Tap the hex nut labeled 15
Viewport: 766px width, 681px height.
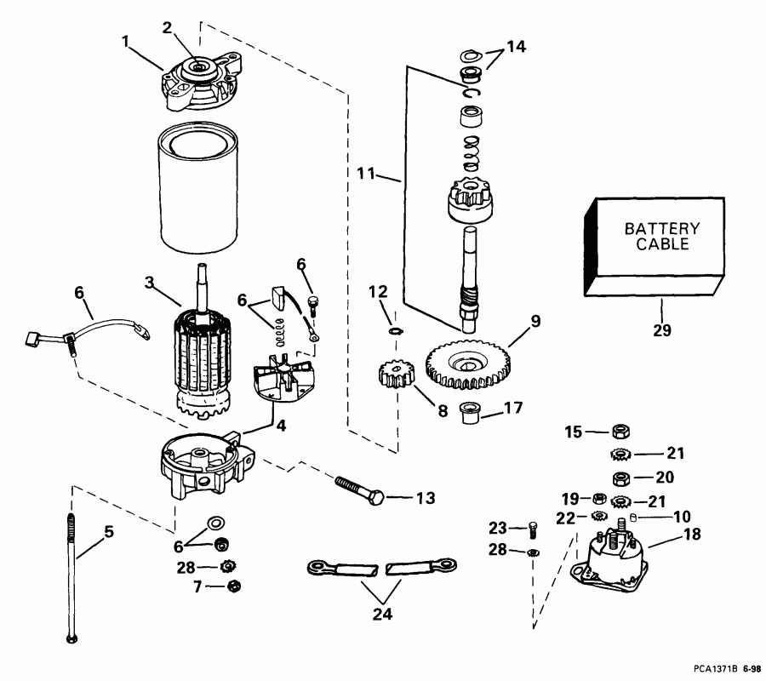point(620,432)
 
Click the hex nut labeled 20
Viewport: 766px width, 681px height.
point(620,476)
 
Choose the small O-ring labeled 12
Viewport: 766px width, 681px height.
point(393,329)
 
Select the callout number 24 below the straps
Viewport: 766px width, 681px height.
point(385,611)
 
